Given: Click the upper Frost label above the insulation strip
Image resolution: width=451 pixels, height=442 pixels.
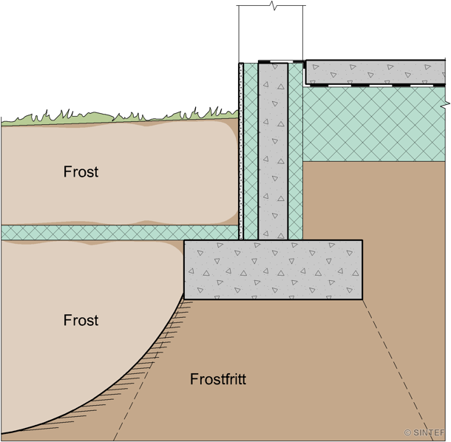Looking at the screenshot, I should [x=81, y=172].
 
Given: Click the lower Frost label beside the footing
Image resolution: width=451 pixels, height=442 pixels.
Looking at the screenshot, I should [x=81, y=320].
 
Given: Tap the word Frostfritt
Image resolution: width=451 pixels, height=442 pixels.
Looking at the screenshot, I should [x=217, y=380].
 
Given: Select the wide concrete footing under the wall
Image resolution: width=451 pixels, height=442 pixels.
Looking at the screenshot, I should [x=273, y=270].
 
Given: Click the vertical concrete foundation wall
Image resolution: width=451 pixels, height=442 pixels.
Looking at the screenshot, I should [x=273, y=148].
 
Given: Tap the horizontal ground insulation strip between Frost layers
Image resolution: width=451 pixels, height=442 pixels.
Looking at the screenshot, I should [x=89, y=232].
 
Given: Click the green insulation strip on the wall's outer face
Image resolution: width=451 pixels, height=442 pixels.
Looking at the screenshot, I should [x=251, y=148].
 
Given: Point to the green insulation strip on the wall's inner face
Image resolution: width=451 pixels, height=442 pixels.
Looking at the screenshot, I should [x=296, y=148].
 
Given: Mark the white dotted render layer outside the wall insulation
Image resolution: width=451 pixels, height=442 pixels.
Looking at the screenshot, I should [x=241, y=148].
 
